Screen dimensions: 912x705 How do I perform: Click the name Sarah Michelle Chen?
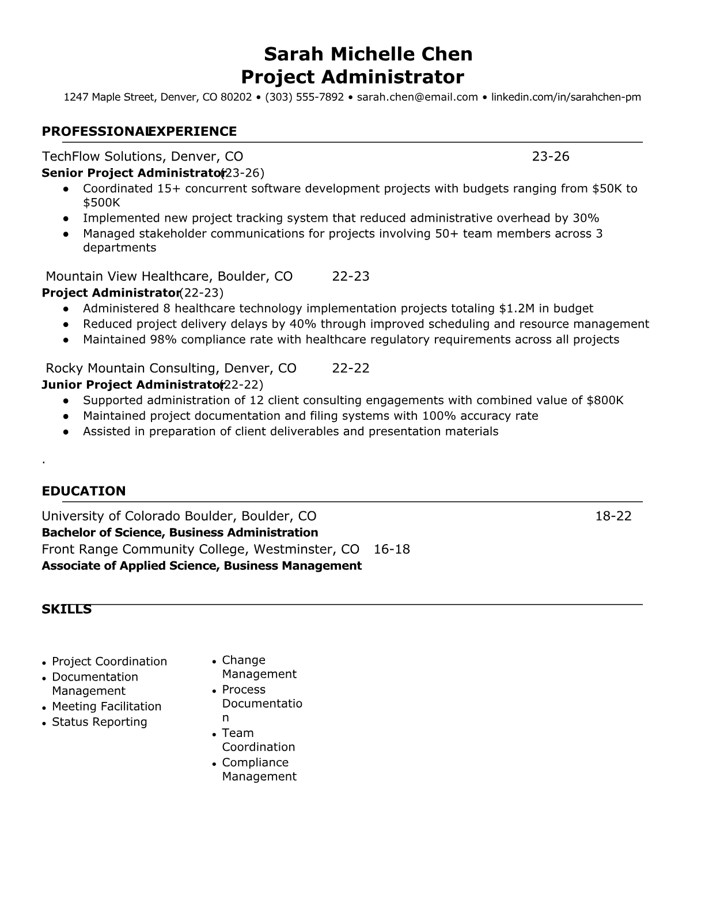pos(368,54)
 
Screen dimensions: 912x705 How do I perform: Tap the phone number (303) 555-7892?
pos(304,97)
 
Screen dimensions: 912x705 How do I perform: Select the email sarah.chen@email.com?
pos(417,97)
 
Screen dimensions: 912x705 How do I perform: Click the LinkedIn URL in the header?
pos(566,97)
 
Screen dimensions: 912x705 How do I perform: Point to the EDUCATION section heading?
pos(84,491)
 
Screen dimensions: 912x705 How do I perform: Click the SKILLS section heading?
pos(66,609)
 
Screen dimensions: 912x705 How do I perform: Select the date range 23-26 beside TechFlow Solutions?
pos(550,157)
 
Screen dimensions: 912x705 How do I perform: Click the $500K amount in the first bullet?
pos(101,203)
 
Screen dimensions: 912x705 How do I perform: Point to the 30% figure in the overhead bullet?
pos(586,218)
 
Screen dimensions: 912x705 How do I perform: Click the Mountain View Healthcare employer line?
pos(169,276)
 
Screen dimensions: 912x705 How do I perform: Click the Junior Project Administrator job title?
pos(132,385)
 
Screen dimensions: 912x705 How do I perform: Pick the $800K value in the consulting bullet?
pos(605,401)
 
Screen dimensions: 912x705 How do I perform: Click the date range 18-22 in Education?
pos(613,516)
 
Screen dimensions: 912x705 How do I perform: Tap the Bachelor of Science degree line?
pos(180,533)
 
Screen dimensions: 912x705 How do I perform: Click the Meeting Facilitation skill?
pos(107,706)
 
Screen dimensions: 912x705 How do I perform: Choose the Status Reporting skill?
pos(99,722)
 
